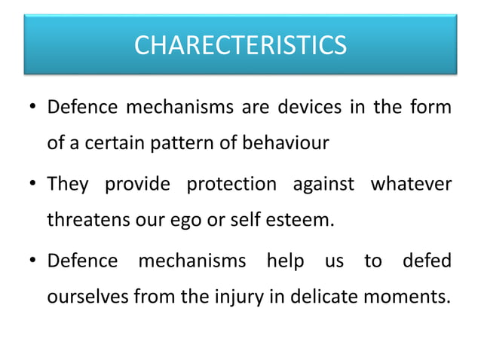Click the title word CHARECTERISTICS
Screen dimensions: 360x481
tap(240, 46)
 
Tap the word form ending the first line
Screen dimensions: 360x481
tap(433, 108)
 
